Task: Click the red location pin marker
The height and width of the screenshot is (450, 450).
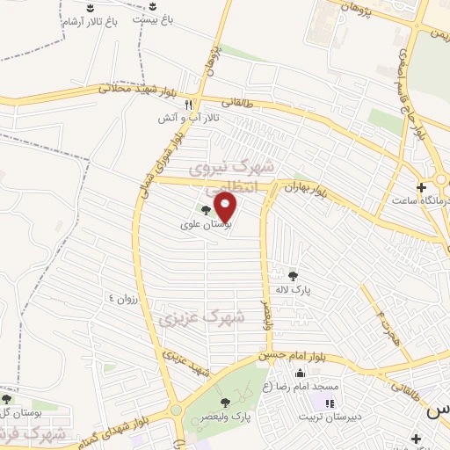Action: coord(227,207)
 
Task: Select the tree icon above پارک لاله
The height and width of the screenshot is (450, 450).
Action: coord(293,274)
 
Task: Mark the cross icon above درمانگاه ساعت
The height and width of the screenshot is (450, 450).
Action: coord(421,186)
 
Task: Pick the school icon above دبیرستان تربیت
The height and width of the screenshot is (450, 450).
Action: coord(330,404)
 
